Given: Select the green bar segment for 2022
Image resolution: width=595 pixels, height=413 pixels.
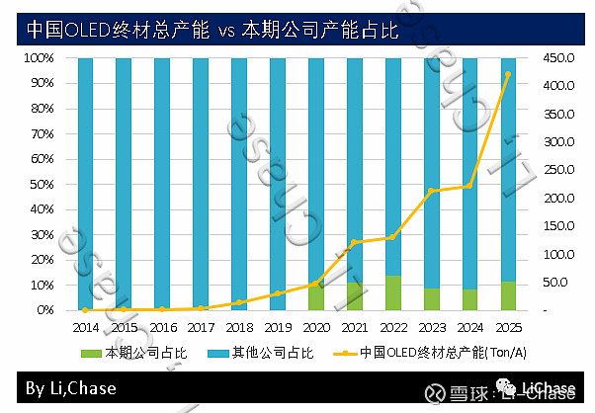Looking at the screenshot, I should [x=392, y=293].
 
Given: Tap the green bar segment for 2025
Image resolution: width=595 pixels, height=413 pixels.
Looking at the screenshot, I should [x=508, y=296].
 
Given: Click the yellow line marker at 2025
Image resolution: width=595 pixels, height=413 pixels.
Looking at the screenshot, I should [x=508, y=74].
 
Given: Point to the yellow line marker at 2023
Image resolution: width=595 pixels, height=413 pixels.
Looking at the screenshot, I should [x=431, y=190].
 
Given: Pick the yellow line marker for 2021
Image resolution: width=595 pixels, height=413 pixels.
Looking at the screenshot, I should [x=354, y=242].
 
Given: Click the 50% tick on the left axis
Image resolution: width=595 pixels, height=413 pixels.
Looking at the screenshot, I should [x=41, y=185].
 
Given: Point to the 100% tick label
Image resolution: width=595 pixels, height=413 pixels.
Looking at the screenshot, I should [x=38, y=58].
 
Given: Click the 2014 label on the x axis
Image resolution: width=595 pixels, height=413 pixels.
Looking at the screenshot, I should [x=85, y=325].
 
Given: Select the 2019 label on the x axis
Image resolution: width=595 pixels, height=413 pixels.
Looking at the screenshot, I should [x=277, y=325].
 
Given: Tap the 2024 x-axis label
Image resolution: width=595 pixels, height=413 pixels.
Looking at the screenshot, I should [x=469, y=325].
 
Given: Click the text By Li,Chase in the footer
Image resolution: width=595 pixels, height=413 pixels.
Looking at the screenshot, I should [x=71, y=388].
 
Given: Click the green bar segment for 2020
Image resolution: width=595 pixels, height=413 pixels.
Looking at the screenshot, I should [x=315, y=297].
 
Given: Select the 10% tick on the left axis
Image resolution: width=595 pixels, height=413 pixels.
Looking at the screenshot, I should [x=41, y=286].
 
